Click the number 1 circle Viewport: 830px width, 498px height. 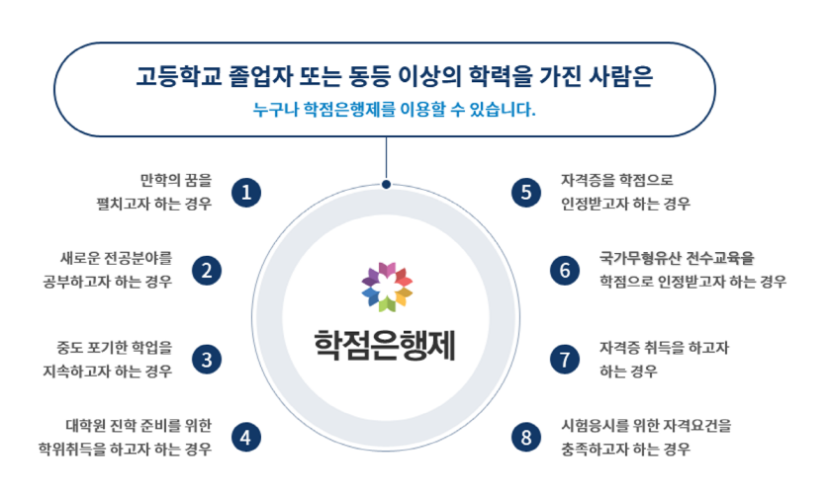[246, 192]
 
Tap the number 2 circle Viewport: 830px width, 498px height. [207, 270]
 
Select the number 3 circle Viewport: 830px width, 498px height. [207, 359]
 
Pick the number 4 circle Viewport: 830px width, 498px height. [246, 436]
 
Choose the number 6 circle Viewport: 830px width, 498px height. [565, 270]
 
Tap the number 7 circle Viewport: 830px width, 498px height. [565, 359]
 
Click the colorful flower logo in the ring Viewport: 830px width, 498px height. [387, 286]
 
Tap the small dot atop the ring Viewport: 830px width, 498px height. [386, 183]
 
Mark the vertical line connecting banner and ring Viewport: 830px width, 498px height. [386, 158]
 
